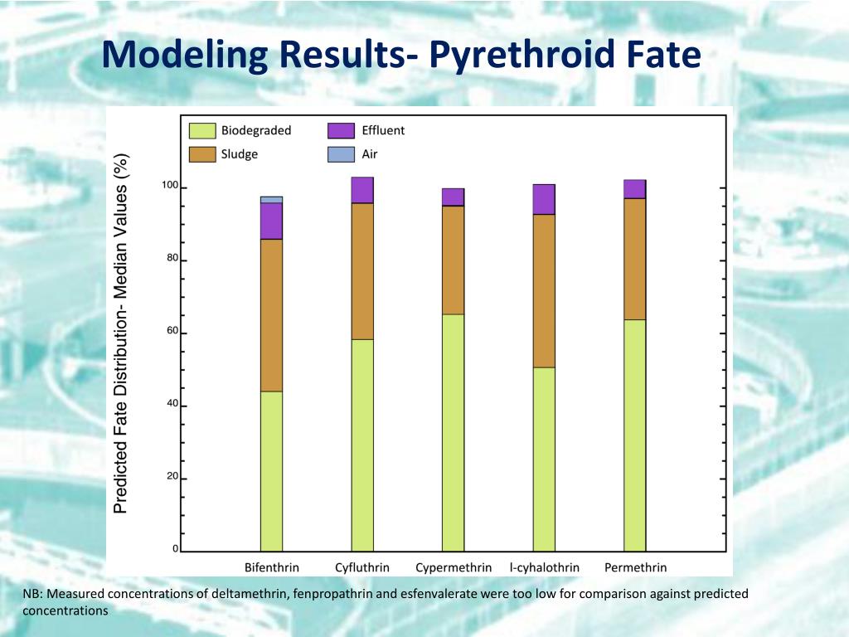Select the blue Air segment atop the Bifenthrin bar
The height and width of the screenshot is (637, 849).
tap(271, 200)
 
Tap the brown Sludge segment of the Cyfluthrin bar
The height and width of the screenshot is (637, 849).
tap(362, 271)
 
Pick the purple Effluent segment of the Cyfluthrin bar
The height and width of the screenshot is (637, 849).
tap(362, 190)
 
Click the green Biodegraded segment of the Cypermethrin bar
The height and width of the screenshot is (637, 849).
tap(453, 432)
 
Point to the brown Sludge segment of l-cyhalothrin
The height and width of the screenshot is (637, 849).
tap(544, 290)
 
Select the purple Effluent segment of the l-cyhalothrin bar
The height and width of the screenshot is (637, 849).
tap(544, 199)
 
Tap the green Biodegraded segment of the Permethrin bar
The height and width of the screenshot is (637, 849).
tap(635, 435)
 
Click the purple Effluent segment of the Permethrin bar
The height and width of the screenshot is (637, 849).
tap(635, 189)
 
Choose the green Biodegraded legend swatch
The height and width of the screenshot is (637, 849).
tap(202, 130)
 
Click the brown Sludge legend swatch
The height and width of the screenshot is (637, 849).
tap(202, 154)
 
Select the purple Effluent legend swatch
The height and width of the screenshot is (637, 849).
tap(341, 130)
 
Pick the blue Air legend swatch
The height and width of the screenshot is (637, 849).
tap(341, 154)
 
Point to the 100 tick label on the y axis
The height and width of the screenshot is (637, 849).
tap(169, 186)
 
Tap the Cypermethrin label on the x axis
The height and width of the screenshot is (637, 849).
tap(454, 568)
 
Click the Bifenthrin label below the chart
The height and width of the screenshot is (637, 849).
tap(271, 568)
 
